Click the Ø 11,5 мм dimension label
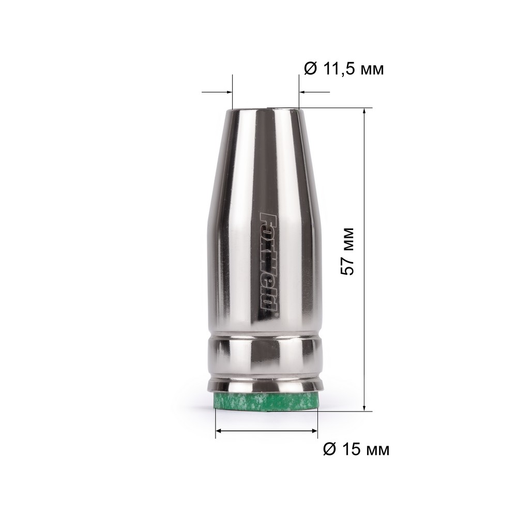coord(344,69)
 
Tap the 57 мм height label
coord(347,251)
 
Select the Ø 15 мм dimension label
coord(356,449)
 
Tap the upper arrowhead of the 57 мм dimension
coord(364,111)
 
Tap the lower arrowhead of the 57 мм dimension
coord(364,408)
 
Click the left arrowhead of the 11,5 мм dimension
coord(230,92)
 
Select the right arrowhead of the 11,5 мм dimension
coord(302,92)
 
